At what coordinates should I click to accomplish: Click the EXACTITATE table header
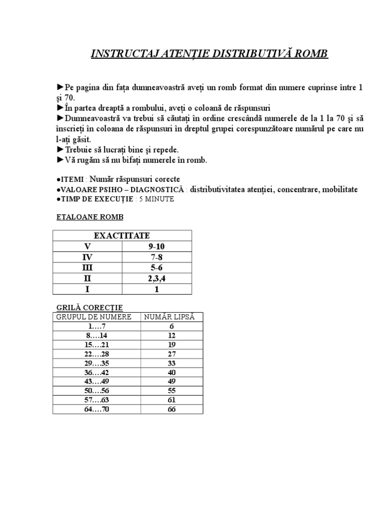pos(122,236)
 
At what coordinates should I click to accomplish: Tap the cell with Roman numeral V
pos(88,246)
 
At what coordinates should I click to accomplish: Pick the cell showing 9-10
pos(157,246)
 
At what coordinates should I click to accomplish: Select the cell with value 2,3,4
pos(157,278)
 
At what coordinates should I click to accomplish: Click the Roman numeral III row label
pos(88,267)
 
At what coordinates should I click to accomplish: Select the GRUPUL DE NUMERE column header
pos(94,317)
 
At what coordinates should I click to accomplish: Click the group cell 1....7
pos(97,326)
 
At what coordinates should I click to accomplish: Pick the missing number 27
pos(172,354)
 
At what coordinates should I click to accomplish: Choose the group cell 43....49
pos(97,382)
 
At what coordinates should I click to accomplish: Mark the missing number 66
pos(172,409)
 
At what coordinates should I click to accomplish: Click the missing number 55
pos(172,391)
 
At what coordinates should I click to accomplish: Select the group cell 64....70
pos(97,409)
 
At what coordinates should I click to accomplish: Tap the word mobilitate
pos(339,190)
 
